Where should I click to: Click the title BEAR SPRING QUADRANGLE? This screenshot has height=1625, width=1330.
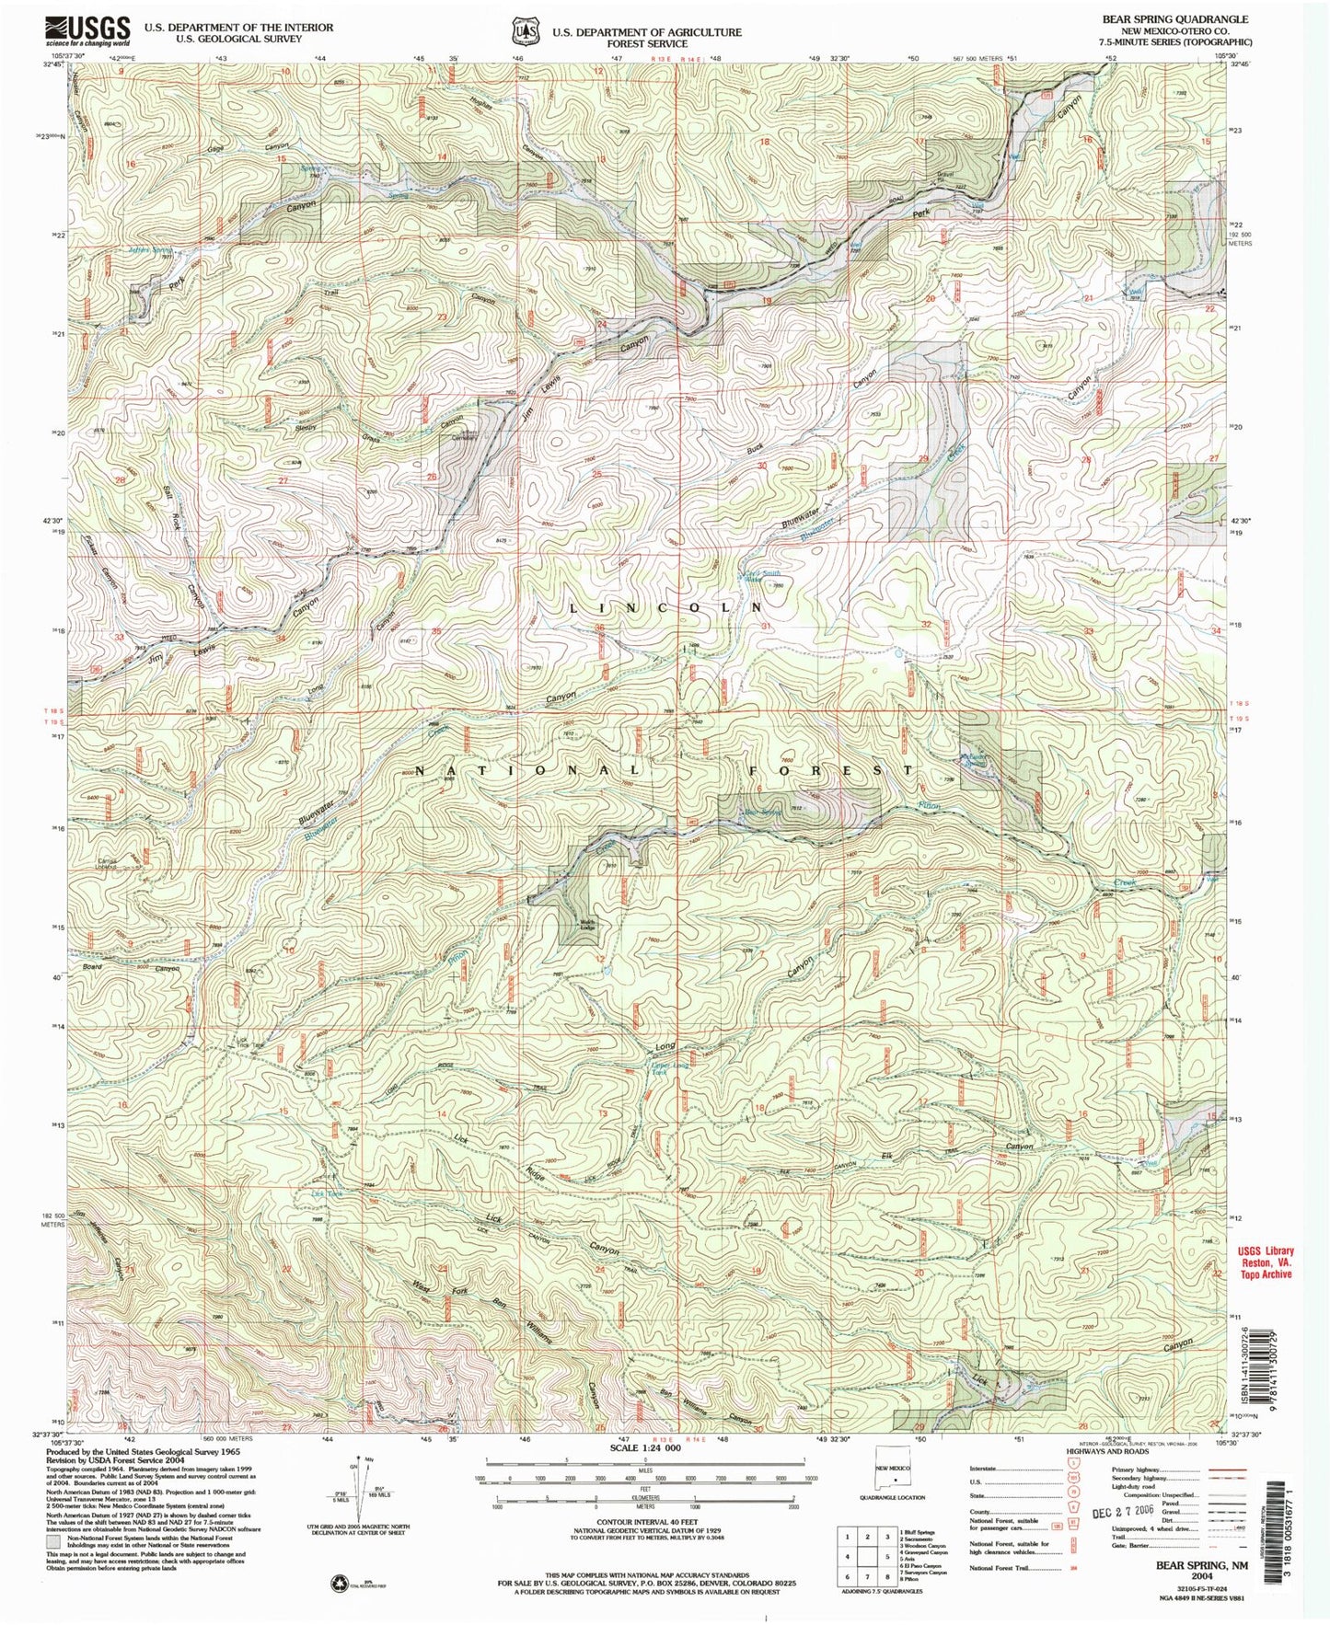pos(1181,18)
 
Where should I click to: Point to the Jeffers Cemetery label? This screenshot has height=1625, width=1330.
pos(457,436)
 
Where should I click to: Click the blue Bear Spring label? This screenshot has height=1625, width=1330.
pos(762,812)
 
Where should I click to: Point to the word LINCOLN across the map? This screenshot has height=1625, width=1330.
pos(665,608)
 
